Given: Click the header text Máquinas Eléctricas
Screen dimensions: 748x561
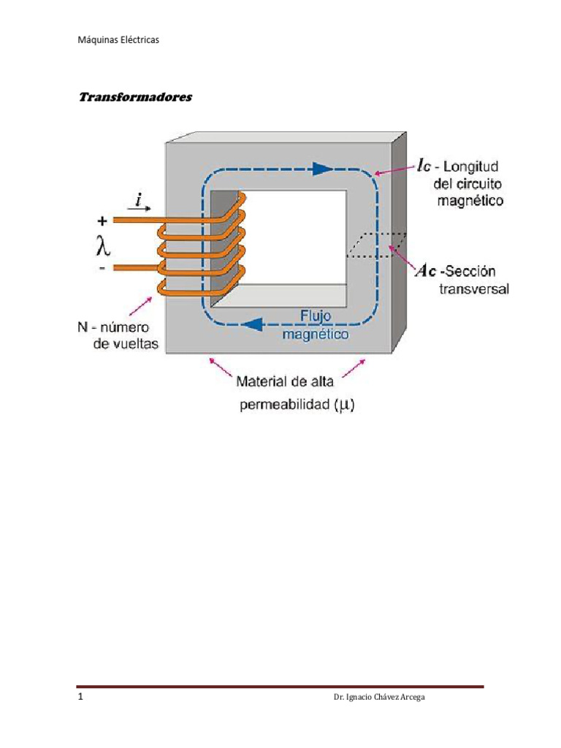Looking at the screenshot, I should pos(118,40).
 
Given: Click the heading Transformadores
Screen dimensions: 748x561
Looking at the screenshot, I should pos(134,97).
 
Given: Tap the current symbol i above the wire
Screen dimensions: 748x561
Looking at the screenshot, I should pos(139,198).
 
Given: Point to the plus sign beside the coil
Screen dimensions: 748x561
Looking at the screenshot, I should pos(102,219).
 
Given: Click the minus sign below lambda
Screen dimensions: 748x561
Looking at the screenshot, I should pos(102,269).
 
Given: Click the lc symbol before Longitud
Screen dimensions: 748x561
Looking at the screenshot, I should pos(427,167).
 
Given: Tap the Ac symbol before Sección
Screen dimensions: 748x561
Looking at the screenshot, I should pos(427,271).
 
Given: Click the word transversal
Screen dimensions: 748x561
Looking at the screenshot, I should pos(473,289).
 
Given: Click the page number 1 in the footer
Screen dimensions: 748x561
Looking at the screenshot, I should pos(80,698).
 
